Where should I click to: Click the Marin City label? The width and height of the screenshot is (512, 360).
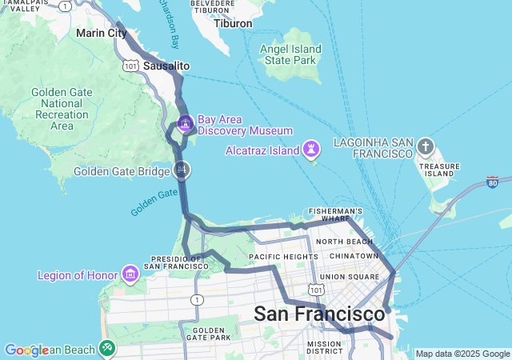point(101,34)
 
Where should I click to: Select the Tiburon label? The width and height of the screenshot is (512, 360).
point(233,23)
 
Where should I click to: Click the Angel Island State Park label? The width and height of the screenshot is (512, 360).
point(292,54)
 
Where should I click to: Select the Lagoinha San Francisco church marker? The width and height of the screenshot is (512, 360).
point(426,147)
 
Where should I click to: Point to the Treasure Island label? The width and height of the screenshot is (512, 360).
point(440,168)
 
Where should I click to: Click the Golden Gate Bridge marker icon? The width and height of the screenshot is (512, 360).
point(182,170)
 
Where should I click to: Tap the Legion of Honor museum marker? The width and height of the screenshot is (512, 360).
point(130,275)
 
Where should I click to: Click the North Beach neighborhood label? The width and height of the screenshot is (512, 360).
point(344,241)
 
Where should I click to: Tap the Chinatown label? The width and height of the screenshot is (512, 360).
point(352,256)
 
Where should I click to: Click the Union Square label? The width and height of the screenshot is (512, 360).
point(349,277)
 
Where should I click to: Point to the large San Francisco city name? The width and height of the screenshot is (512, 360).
point(319,314)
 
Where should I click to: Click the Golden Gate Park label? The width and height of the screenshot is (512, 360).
point(208,334)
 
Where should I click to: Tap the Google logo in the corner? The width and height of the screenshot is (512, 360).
point(26,350)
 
